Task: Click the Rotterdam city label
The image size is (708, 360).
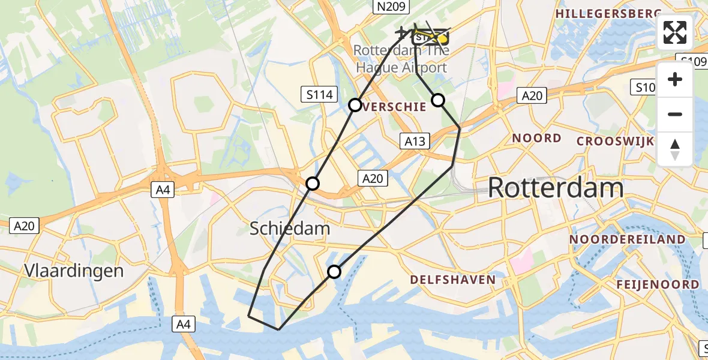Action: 555,188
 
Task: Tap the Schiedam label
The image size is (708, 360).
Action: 289,228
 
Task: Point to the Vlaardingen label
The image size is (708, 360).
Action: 74,271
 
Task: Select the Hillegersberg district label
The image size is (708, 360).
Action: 608,13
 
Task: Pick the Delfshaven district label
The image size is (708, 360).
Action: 453,280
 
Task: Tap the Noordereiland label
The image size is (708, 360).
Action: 627,239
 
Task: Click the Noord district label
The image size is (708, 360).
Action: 536,138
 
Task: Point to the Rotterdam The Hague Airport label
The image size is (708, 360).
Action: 401,59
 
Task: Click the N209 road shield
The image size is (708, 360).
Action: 391,7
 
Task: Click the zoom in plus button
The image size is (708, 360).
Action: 675,79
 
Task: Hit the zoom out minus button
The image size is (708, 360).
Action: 675,114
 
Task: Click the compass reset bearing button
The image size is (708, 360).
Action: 675,149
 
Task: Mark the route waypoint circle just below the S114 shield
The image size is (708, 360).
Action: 355,105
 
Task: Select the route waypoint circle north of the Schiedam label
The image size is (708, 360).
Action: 313,184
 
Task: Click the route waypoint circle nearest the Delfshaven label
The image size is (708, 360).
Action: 334,272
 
